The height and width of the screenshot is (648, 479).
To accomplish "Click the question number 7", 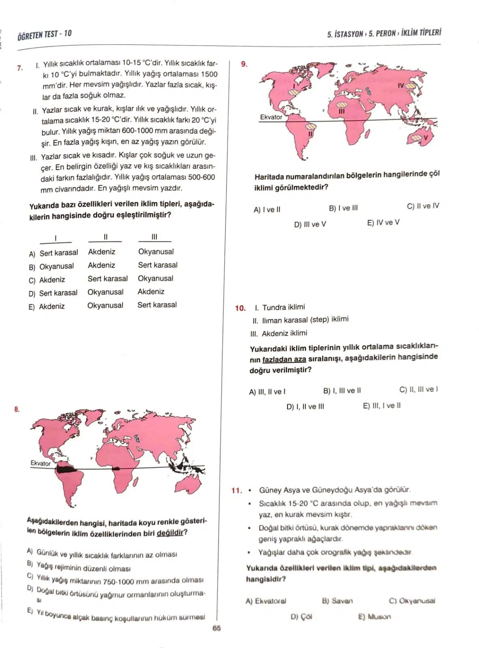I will (19, 68).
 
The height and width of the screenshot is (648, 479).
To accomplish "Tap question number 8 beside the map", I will (17, 409).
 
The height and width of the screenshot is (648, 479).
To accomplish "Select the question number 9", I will (244, 64).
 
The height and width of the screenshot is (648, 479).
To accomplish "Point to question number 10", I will (240, 308).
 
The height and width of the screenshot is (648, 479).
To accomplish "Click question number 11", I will (236, 490).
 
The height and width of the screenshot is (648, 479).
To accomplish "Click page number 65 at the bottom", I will (216, 628).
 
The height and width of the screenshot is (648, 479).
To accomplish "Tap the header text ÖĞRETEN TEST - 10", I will (45, 34).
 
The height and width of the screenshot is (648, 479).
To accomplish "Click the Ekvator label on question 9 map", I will (271, 117).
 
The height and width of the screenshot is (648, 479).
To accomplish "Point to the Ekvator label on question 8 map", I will (40, 463).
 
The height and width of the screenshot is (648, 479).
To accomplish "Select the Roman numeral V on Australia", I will (426, 138).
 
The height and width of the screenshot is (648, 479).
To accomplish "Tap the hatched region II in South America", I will (311, 127).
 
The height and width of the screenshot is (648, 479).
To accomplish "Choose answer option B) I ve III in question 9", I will (343, 208).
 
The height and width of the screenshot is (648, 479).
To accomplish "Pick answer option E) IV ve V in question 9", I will (383, 222).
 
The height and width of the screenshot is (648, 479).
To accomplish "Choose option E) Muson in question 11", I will (375, 617).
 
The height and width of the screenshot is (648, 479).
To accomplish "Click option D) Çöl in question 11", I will (301, 617).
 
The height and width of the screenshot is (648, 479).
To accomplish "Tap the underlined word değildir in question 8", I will (170, 533).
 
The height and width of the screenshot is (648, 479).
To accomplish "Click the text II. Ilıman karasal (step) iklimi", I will (300, 320).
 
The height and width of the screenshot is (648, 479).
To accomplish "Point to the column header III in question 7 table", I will (154, 237).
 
